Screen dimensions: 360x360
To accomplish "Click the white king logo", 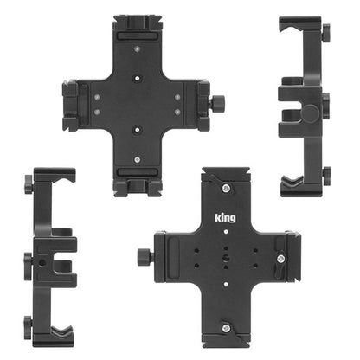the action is [225, 218].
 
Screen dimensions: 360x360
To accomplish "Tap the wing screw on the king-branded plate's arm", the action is [280, 259].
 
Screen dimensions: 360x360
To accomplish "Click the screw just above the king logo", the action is [227, 189].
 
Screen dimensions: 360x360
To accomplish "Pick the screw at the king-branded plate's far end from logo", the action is [226, 328].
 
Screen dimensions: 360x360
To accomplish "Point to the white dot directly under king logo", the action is [226, 232].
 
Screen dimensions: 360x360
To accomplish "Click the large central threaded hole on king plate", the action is [226, 257].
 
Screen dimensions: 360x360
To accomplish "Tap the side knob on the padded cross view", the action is [217, 103].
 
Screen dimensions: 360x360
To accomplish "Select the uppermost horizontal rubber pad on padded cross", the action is [138, 36].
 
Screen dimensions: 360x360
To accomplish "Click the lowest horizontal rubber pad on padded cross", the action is [138, 172].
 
